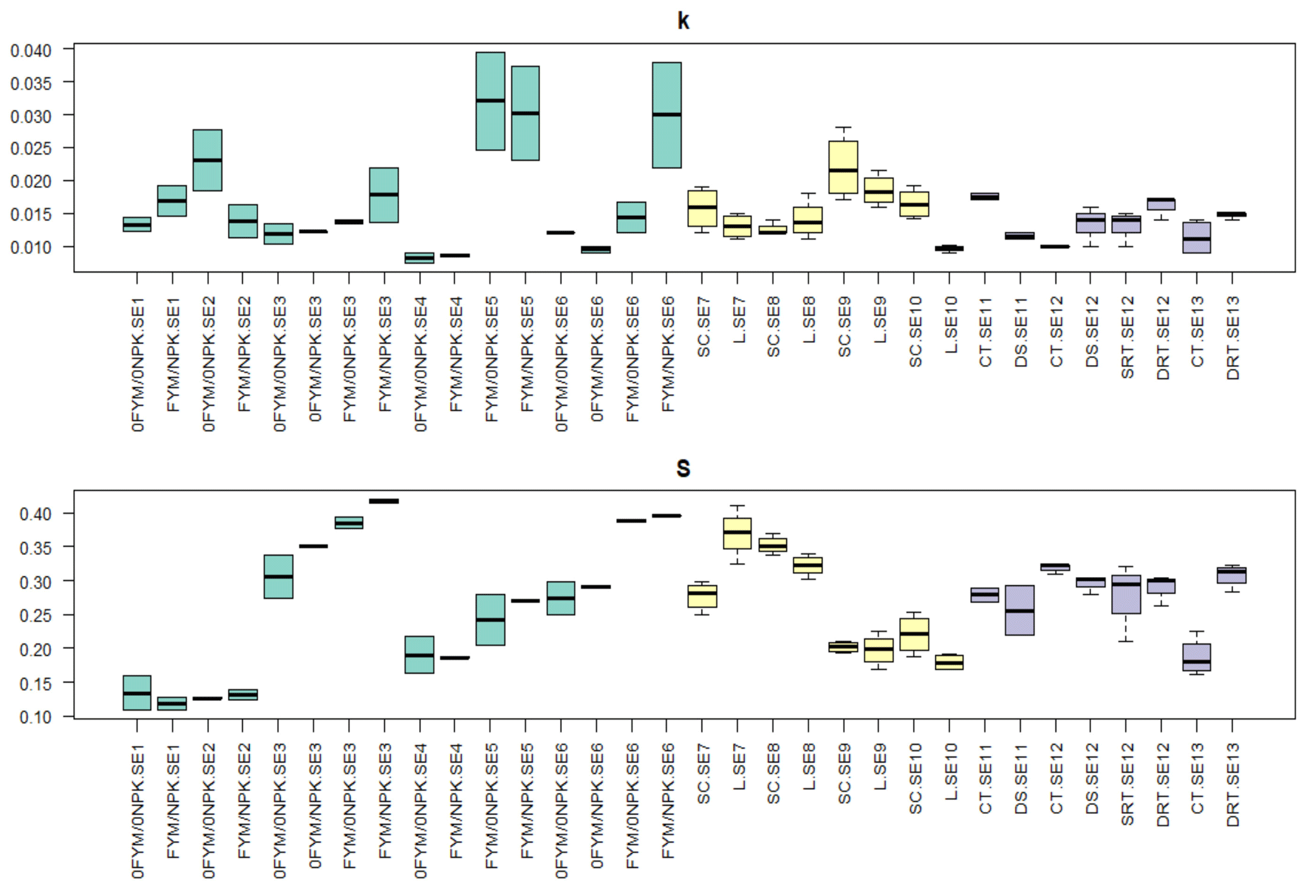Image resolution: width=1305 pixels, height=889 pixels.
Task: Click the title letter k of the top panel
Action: tap(683, 21)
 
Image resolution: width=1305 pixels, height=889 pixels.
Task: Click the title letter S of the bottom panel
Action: tap(683, 468)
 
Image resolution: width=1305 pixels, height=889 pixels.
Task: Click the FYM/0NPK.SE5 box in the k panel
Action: tap(490, 101)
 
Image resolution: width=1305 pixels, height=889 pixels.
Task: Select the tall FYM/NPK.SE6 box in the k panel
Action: tap(667, 115)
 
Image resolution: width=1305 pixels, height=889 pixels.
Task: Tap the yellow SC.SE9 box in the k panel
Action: tap(843, 167)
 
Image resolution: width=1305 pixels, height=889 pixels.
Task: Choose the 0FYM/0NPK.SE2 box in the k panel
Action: tap(207, 160)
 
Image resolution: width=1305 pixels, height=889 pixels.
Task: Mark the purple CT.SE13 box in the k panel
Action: tap(1196, 237)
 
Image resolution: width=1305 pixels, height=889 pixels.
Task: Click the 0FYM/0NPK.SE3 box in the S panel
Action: tap(278, 576)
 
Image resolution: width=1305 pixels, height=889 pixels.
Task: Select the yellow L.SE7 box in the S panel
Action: tap(737, 534)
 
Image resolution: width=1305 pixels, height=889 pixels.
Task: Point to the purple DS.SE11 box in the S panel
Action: tap(1020, 610)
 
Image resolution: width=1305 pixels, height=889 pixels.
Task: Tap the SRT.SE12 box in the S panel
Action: tap(1126, 594)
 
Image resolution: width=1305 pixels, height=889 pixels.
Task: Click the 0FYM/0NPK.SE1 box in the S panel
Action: tap(137, 693)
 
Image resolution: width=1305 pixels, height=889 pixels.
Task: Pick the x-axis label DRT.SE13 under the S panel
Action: tap(1233, 785)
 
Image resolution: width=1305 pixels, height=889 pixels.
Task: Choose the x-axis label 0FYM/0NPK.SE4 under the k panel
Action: tap(420, 365)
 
